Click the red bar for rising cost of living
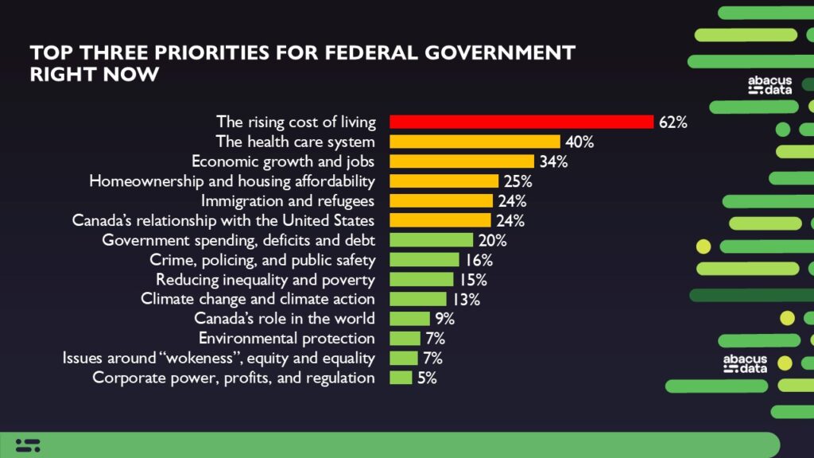click(x=521, y=122)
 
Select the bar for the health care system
click(x=475, y=142)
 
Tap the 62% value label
click(x=673, y=122)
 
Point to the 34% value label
click(x=553, y=161)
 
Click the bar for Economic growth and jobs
click(x=462, y=161)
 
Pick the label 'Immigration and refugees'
click(x=288, y=200)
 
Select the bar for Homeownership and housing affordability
click(x=444, y=181)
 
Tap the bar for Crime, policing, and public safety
click(x=424, y=259)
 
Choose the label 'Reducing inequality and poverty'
click(x=266, y=279)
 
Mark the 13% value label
click(x=466, y=299)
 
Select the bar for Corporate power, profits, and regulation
click(x=401, y=378)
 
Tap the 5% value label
click(x=427, y=378)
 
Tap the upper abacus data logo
click(x=769, y=86)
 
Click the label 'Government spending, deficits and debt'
click(x=238, y=240)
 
